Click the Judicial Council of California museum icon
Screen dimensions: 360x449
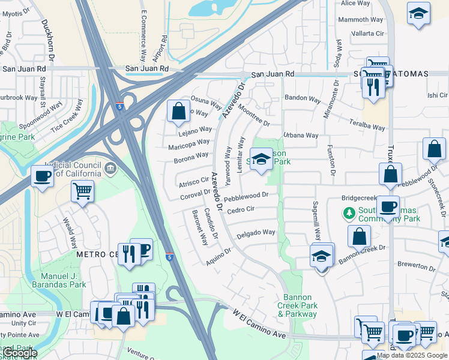pyautogui.click(x=110, y=169)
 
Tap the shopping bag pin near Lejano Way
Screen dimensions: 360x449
pyautogui.click(x=178, y=111)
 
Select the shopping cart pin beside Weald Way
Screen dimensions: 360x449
pyautogui.click(x=82, y=191)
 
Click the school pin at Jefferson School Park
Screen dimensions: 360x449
pyautogui.click(x=261, y=159)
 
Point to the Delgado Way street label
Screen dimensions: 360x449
pyautogui.click(x=256, y=232)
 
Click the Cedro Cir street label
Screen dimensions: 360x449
pyautogui.click(x=241, y=209)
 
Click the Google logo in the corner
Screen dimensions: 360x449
pyautogui.click(x=19, y=353)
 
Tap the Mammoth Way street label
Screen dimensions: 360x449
pyautogui.click(x=360, y=20)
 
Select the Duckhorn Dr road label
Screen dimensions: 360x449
pyautogui.click(x=48, y=40)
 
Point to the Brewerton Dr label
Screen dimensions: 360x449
pyautogui.click(x=420, y=264)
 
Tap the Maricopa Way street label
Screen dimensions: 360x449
pyautogui.click(x=189, y=142)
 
